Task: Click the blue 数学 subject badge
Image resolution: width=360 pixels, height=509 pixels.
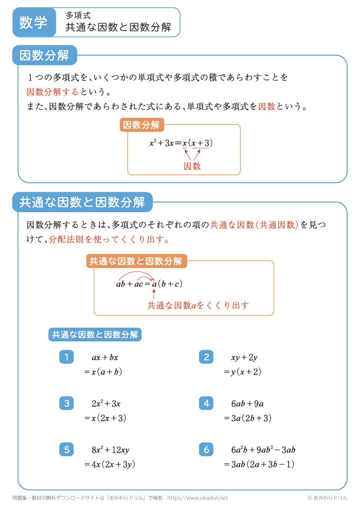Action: (x=34, y=22)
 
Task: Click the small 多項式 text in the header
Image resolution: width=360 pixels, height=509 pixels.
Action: (x=78, y=15)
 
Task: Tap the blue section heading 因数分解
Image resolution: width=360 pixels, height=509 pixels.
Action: (x=45, y=55)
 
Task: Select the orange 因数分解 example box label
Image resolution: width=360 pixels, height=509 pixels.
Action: (x=141, y=125)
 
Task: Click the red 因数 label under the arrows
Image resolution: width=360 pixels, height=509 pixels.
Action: (x=192, y=166)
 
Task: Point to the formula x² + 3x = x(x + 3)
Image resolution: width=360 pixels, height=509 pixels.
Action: (x=181, y=143)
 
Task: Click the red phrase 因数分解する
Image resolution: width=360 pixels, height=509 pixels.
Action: (x=53, y=92)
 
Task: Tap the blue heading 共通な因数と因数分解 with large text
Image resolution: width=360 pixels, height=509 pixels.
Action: (x=82, y=202)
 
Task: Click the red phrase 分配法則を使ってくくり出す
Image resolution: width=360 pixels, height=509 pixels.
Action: (x=108, y=240)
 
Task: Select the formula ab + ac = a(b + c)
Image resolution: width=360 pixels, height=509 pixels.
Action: (x=149, y=284)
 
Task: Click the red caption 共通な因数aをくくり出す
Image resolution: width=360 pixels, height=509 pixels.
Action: (x=198, y=305)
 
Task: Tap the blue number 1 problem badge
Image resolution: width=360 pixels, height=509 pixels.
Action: (x=67, y=357)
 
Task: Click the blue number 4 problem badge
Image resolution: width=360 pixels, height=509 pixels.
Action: (x=206, y=403)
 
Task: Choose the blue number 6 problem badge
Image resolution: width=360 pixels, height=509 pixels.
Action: (x=206, y=449)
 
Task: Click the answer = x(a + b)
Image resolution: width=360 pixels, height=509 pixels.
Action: (x=103, y=372)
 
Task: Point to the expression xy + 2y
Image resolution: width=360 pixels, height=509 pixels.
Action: (x=244, y=358)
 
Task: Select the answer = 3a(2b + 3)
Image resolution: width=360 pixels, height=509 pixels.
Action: (x=248, y=418)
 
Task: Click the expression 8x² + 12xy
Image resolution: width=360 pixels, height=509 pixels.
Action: (x=110, y=450)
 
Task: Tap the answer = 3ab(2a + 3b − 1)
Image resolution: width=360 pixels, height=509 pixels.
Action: (x=259, y=464)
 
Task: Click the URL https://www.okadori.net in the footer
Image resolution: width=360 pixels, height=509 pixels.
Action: (x=198, y=498)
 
